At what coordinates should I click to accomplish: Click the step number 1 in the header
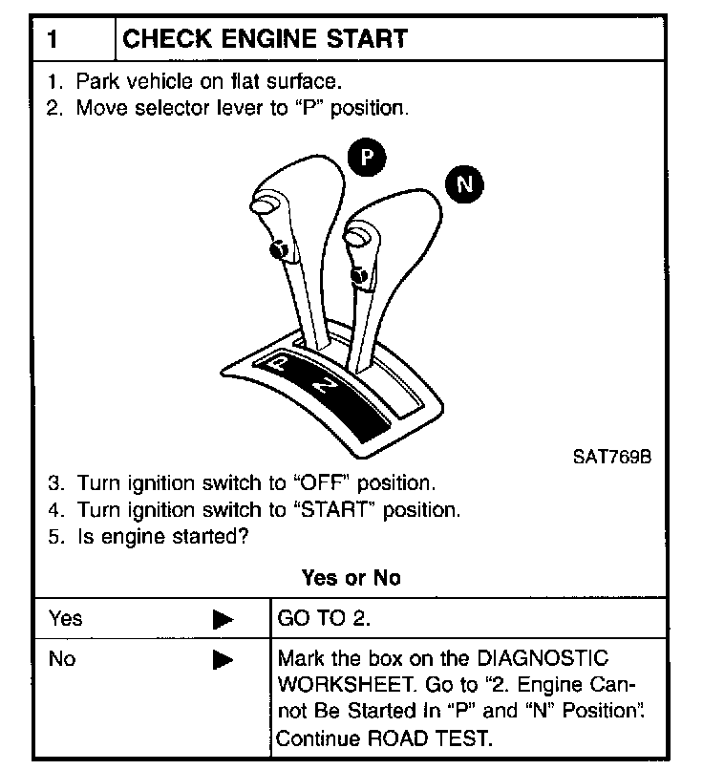click(55, 39)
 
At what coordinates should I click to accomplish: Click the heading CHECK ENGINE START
click(266, 39)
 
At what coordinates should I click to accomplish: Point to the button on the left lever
click(279, 250)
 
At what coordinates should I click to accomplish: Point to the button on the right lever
click(359, 277)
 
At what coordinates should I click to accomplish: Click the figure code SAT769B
click(611, 456)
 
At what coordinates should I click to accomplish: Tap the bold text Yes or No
click(351, 578)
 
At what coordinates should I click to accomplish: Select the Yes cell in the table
click(67, 618)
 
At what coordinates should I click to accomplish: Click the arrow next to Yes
click(224, 619)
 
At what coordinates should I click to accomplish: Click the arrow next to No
click(224, 659)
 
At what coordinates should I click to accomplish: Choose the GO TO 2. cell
click(323, 618)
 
